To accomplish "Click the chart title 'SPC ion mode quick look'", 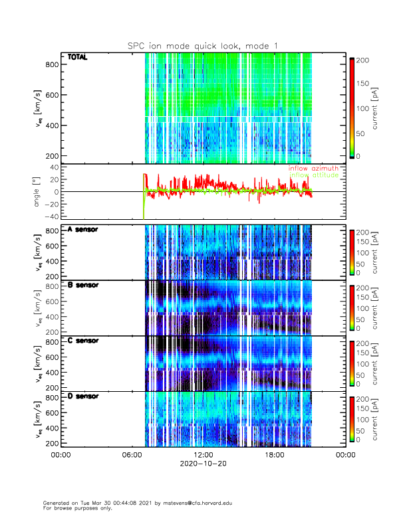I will point(203,45).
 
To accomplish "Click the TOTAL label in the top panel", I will point(78,58).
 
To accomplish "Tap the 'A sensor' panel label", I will point(82,230).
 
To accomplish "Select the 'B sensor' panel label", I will point(82,285).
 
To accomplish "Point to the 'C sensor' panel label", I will point(82,341).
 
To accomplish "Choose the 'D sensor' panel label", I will point(82,396).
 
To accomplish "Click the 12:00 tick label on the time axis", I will point(203,455).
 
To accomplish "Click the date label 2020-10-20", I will point(203,464).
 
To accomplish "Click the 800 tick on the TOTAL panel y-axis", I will point(53,64).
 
